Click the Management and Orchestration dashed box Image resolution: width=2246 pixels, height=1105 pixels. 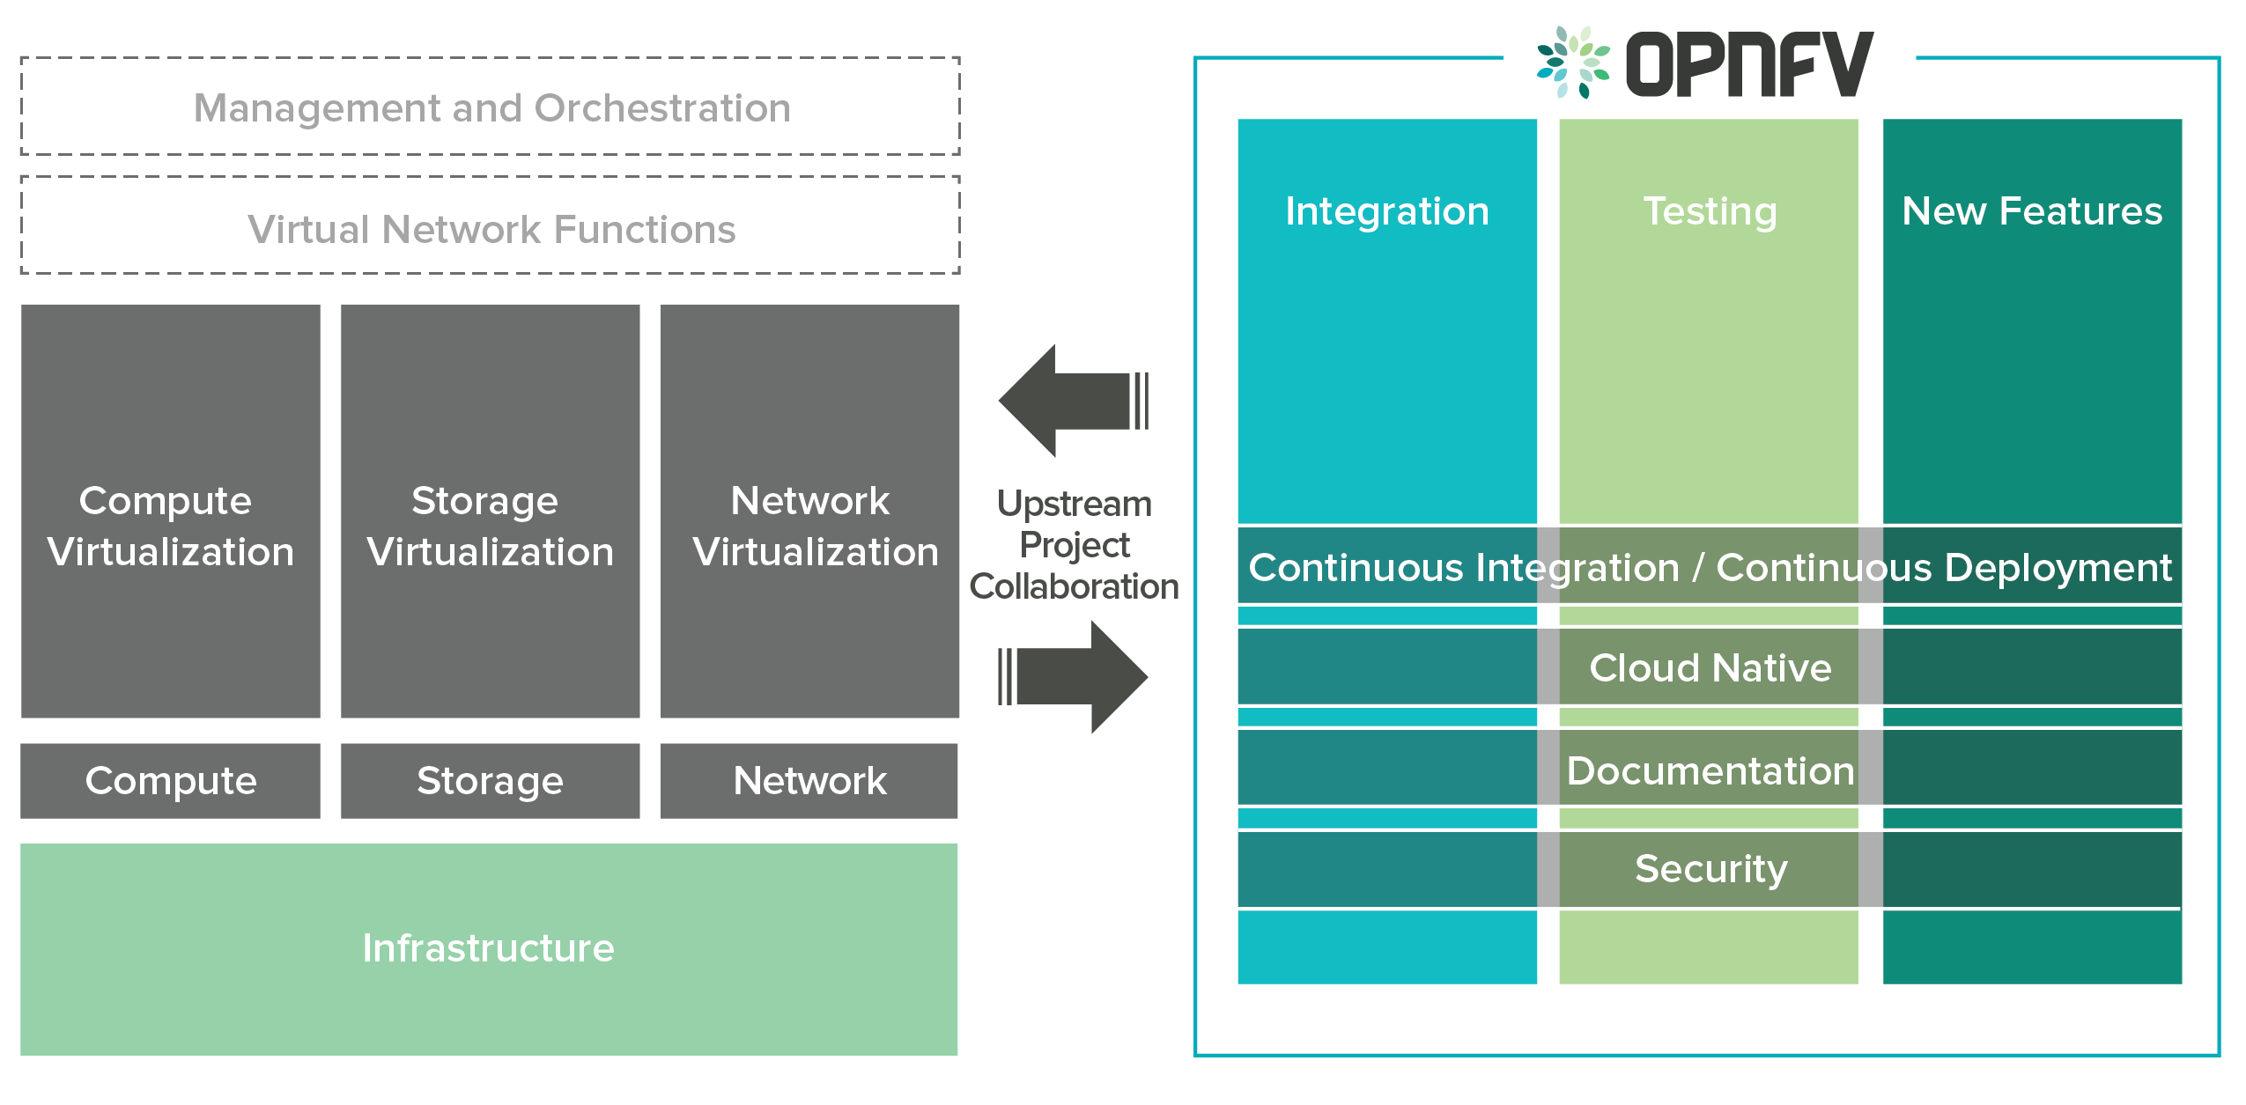[x=491, y=107]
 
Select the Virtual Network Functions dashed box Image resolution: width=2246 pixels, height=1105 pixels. [x=491, y=228]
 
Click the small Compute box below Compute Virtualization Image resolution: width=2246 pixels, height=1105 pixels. [x=171, y=781]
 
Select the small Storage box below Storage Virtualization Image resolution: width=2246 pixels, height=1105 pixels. [x=490, y=781]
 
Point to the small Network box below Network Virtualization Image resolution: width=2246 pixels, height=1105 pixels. [x=809, y=781]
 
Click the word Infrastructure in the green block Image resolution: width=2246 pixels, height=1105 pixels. [x=489, y=948]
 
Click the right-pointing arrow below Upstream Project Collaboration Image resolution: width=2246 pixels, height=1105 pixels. [x=1075, y=677]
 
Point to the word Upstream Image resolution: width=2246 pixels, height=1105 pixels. [x=1074, y=505]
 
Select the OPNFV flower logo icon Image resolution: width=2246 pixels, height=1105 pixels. [x=1573, y=62]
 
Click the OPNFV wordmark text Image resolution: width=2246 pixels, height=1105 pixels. [x=1749, y=63]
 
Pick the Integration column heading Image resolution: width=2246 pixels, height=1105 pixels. [x=1387, y=211]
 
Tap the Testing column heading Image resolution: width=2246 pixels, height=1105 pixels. [x=1710, y=211]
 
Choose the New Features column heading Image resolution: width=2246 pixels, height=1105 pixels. [x=2032, y=211]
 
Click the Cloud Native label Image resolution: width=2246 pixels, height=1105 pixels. [x=1710, y=667]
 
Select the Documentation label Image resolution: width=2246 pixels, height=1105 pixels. [x=1710, y=770]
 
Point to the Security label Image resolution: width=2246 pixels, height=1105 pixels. [x=1710, y=869]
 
